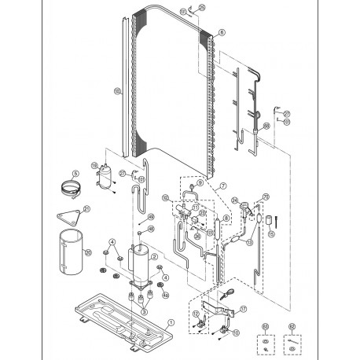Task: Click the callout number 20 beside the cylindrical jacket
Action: [x=88, y=252]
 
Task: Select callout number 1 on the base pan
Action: [x=170, y=321]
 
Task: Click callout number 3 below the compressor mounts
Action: [x=144, y=312]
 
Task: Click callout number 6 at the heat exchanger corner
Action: [x=222, y=32]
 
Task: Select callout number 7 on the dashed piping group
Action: [x=222, y=186]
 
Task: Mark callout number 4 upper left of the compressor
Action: [x=112, y=241]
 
